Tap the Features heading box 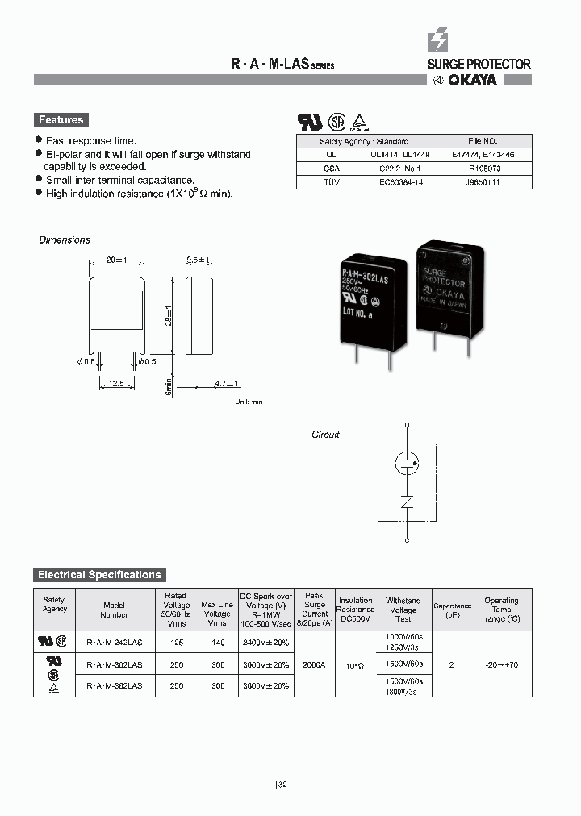[61, 120]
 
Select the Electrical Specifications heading [99, 575]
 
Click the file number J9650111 [483, 182]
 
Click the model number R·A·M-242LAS [115, 643]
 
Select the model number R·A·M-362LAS [115, 685]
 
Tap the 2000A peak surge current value [315, 664]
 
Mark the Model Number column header [115, 610]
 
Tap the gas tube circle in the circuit [407, 462]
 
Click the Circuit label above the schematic [326, 435]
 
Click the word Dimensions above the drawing [65, 240]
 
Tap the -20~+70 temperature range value [501, 664]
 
